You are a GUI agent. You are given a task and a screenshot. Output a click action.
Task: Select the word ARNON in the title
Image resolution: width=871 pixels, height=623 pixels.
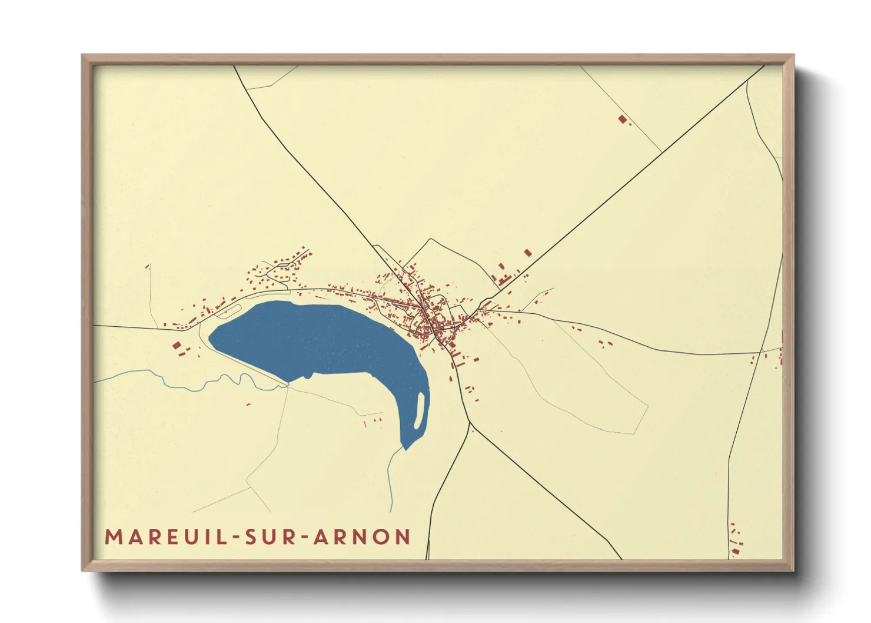pos(362,537)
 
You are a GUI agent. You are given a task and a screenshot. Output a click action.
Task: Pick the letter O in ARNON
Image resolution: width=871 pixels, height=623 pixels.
pos(384,537)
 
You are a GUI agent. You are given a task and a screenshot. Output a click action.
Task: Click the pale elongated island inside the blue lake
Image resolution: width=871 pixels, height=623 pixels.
pos(420,410)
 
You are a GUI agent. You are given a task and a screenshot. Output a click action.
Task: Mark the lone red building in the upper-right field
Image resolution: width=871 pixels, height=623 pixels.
pos(622,119)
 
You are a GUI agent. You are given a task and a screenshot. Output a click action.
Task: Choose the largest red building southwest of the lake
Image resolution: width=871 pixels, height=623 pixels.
pos(177,345)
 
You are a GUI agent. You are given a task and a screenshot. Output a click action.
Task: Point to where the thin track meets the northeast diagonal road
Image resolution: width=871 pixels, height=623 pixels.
pos(663,152)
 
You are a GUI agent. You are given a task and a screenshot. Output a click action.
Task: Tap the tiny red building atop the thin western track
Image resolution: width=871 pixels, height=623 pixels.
pos(147,267)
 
